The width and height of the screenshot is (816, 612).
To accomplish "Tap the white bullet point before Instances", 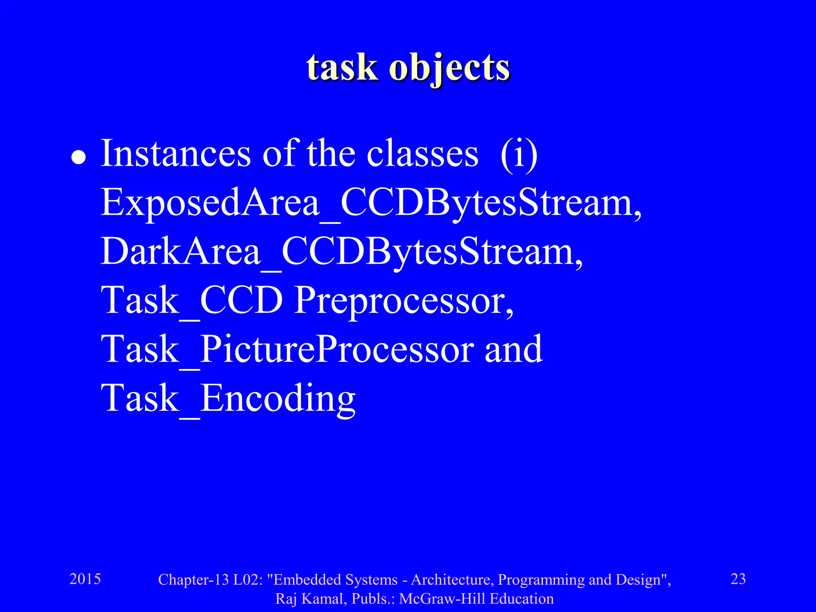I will point(78,157).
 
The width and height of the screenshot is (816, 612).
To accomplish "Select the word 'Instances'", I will point(176,154).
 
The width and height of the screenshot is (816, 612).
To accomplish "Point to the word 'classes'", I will point(422,154).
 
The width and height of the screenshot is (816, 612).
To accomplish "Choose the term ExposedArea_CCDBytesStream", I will point(371,203).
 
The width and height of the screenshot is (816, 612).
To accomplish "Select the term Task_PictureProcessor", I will point(287,349).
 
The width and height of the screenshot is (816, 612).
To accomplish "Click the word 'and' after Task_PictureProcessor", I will point(513,349).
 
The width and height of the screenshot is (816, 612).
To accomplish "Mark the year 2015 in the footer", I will point(85,579).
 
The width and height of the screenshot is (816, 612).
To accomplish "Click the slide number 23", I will point(738,579).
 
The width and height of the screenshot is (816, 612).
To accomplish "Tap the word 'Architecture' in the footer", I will point(452,580).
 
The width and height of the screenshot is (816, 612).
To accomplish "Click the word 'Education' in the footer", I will point(522,599).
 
